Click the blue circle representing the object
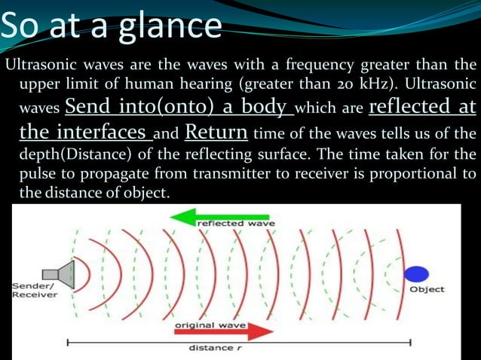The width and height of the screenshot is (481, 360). (x=417, y=273)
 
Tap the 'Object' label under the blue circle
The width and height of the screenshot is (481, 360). (x=427, y=289)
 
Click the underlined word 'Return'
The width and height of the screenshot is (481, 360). (x=216, y=134)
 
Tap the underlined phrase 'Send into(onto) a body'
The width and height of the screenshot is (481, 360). (x=179, y=108)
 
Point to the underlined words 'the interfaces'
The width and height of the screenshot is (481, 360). (x=84, y=134)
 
